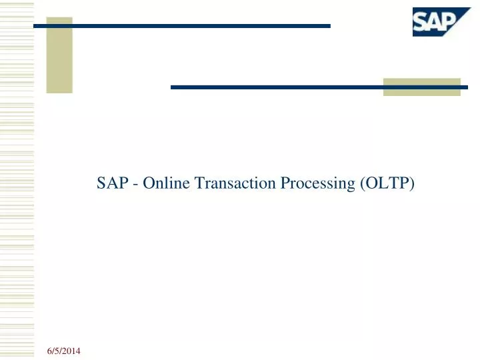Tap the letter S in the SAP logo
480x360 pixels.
pyautogui.click(x=421, y=23)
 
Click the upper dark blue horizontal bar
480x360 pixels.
pyautogui.click(x=200, y=26)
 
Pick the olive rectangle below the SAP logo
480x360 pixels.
pyautogui.click(x=421, y=87)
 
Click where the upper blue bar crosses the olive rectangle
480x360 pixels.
pyautogui.click(x=59, y=26)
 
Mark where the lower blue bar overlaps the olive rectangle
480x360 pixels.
pyautogui.click(x=421, y=87)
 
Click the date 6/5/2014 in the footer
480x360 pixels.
pyautogui.click(x=65, y=351)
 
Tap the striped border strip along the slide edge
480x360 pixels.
pyautogui.click(x=16, y=180)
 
